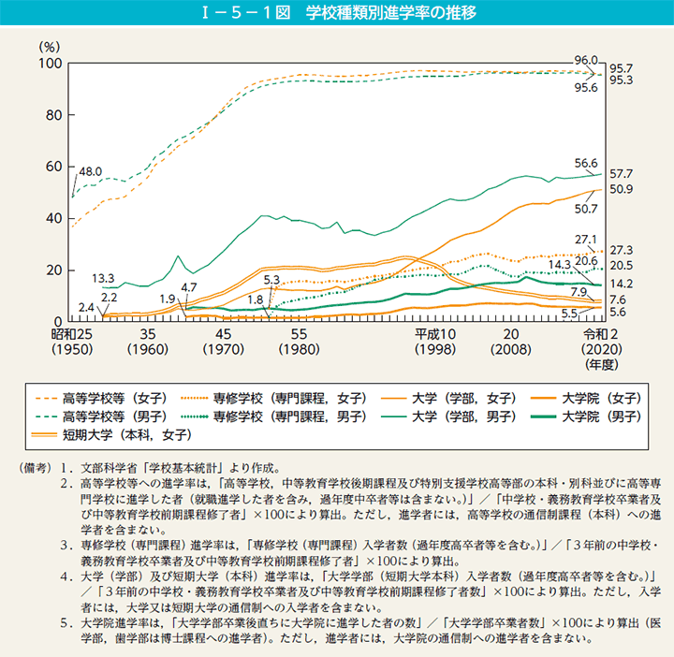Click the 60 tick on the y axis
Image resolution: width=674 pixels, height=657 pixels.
pos(52,167)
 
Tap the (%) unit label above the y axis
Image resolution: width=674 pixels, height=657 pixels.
pos(49,45)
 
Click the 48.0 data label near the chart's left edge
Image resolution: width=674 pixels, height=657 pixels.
pos(90,172)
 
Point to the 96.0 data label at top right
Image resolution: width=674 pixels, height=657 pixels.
pos(584,59)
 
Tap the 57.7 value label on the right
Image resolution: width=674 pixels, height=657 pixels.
pos(622,174)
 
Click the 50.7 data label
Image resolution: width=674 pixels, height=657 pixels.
pos(587,208)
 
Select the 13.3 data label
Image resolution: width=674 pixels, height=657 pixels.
pos(104,279)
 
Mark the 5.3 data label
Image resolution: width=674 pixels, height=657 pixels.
pos(272,280)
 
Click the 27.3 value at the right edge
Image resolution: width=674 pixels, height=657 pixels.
pos(622,251)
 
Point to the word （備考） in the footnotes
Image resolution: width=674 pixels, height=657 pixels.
pos(26,468)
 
